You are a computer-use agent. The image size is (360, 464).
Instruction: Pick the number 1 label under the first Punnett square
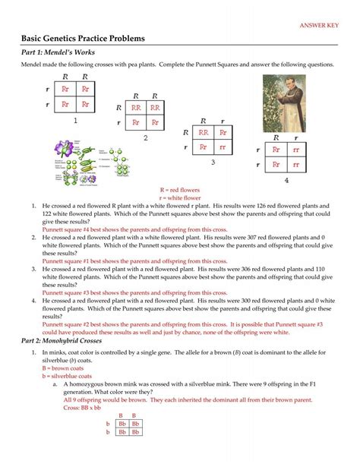pos(75,121)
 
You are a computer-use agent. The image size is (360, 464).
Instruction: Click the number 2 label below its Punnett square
pos(146,137)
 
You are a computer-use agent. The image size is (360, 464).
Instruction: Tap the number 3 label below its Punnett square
pos(213,162)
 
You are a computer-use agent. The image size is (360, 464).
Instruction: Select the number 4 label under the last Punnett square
pos(286,181)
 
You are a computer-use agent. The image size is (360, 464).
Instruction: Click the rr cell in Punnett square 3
pos(223,147)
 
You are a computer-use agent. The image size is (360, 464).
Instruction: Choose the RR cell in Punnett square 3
pos(204,131)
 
